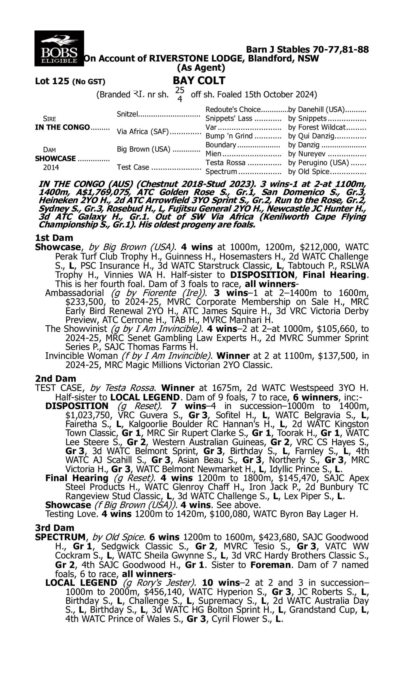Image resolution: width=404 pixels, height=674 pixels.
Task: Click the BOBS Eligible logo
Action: pos(59,48)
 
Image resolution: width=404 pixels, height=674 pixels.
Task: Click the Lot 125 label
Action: pos(52,81)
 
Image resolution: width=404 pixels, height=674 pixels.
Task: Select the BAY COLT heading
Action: pos(199,81)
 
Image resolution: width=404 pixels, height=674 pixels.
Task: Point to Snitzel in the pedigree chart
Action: pos(127,114)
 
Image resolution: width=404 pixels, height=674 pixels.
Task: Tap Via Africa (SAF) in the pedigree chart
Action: pos(143,132)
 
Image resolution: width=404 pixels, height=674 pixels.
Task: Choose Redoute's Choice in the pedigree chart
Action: pos(233,109)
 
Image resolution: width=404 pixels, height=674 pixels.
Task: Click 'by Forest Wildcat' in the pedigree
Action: pos(317,127)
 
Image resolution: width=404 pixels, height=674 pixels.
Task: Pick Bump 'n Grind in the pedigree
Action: pos(229,136)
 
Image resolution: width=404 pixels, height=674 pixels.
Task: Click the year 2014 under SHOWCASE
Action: pos(51,167)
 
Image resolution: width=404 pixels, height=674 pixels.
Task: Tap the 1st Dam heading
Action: pos(54,238)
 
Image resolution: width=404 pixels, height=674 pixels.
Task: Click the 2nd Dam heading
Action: pos(55,379)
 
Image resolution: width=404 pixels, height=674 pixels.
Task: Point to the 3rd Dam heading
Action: pos(54,528)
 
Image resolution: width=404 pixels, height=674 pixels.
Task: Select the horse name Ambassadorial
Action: pos(74,293)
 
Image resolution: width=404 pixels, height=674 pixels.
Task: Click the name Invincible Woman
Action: pos(81,356)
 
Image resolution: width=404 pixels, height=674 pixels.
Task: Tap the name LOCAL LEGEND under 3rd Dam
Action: pos(81,583)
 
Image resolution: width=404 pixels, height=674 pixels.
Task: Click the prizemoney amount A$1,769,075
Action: pos(104,192)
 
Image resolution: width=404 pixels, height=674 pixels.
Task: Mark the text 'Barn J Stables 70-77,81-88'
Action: pos(307,49)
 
